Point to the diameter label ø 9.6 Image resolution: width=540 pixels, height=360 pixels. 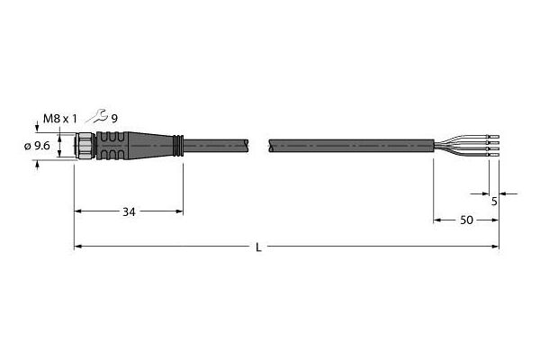(36, 146)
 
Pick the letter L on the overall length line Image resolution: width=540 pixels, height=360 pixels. (259, 247)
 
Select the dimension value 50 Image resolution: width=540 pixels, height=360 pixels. (468, 220)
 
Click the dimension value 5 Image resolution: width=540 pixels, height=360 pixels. (494, 202)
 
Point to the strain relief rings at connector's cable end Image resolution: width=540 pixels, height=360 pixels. (179, 145)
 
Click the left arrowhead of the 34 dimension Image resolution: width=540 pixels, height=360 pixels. (77, 212)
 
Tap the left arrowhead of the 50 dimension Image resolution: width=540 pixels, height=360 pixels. (438, 220)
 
